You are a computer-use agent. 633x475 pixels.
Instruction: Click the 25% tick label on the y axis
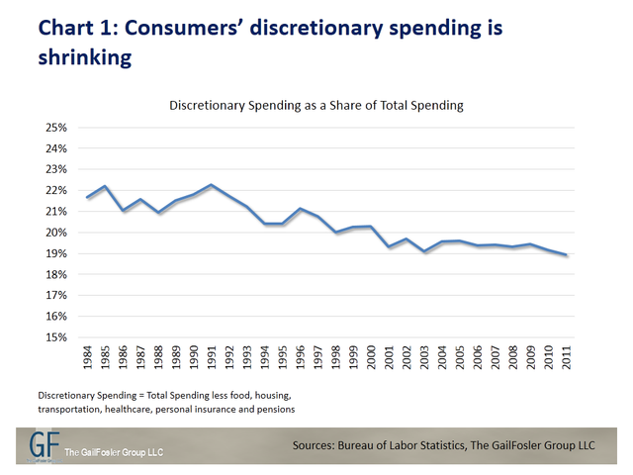56,128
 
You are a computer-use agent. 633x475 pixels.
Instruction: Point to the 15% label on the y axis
56,337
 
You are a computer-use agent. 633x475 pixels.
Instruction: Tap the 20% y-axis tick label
56,233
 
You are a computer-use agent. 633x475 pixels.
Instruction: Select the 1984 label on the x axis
88,357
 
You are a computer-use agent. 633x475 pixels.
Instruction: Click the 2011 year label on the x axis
567,357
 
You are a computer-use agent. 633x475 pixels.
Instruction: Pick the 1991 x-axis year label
212,357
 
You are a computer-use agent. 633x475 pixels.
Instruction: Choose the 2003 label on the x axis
424,357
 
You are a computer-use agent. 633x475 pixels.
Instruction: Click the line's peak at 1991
212,185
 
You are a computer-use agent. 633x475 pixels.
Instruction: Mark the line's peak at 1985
105,186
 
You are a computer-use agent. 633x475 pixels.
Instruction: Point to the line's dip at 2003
424,251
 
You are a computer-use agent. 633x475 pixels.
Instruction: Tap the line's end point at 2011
567,255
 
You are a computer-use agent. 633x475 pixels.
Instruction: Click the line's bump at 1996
300,209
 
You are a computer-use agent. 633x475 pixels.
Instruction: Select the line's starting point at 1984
88,197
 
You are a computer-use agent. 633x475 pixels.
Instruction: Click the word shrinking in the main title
85,57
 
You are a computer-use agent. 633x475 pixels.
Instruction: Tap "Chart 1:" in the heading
78,29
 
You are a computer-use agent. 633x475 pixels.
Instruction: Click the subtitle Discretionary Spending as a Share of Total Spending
316,106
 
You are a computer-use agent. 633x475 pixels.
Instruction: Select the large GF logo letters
44,444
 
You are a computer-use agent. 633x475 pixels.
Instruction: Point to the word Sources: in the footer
314,445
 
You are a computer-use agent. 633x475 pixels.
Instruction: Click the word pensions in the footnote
278,410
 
